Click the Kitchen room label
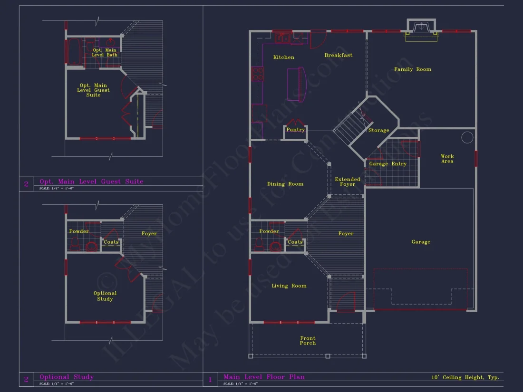coord(283,57)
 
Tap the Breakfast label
coord(338,55)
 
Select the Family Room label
coord(412,69)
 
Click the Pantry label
coord(295,130)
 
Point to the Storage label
coord(378,130)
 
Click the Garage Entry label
coord(387,164)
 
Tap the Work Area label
coord(447,159)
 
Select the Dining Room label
coord(285,184)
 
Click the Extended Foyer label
coord(348,182)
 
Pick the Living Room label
coord(289,286)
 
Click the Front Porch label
coord(308,341)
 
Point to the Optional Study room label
coord(105,296)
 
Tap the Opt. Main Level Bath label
coord(105,52)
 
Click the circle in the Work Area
coord(467,137)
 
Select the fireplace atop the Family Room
coord(421,28)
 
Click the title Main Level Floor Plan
coord(264,377)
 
